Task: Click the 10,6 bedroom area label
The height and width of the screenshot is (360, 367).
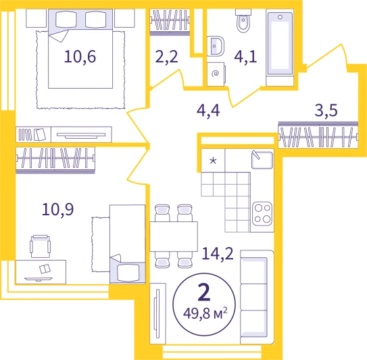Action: tap(80, 57)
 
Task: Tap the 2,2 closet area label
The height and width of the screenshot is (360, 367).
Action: tap(167, 57)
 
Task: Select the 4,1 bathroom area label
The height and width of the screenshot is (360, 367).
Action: tap(245, 57)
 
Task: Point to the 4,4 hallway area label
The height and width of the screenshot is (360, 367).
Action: tap(208, 110)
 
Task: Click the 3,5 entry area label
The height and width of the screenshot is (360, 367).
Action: tap(326, 110)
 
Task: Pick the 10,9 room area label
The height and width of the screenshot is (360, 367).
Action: tap(58, 209)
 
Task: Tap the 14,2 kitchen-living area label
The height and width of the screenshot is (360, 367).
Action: tap(218, 253)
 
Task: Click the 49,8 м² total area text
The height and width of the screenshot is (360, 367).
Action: tap(205, 313)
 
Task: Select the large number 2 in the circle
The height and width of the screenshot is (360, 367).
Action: tap(204, 292)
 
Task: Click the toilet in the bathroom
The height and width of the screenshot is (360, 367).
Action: tap(243, 20)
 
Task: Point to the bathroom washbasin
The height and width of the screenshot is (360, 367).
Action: tap(216, 46)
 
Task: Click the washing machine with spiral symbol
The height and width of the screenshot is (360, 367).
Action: tap(216, 74)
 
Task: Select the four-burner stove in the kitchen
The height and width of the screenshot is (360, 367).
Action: tap(262, 213)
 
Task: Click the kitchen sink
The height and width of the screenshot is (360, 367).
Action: tap(262, 160)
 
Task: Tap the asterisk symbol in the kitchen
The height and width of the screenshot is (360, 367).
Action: tap(213, 161)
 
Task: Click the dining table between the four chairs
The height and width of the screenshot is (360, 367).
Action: tap(174, 236)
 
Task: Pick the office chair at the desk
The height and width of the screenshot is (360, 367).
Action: tap(41, 246)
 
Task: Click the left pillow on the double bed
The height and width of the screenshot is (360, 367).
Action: tap(66, 20)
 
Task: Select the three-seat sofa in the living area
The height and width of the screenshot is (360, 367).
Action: tap(257, 297)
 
